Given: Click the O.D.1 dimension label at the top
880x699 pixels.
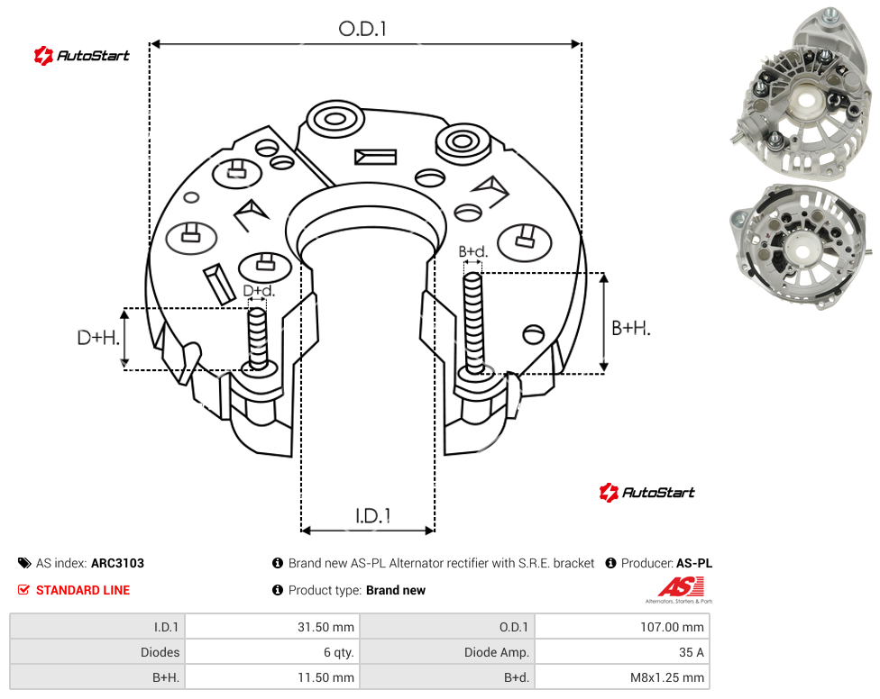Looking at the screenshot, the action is (362, 29).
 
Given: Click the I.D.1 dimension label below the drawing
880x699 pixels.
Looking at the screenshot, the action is (373, 516).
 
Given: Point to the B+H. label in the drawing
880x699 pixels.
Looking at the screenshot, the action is (631, 328).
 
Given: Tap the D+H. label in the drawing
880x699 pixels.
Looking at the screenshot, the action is (98, 338).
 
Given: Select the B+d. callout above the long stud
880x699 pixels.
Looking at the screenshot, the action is (473, 251).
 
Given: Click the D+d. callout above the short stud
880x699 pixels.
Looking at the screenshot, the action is (259, 290).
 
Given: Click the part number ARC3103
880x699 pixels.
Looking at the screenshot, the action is (117, 563).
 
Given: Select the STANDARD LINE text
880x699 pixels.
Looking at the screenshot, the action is (83, 590).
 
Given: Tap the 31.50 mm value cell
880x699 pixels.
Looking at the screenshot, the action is (272, 627).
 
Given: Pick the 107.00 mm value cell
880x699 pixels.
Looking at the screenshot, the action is (622, 627).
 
